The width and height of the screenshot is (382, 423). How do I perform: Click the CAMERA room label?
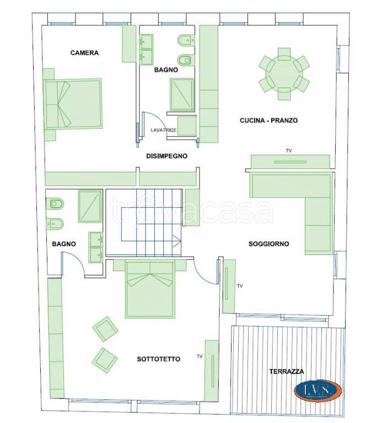[84, 53]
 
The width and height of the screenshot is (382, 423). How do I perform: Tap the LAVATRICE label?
[164, 130]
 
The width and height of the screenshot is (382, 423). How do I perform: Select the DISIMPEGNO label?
[166, 156]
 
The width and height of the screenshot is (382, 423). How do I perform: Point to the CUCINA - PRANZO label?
[268, 120]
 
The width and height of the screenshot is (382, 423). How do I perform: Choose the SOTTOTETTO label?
[158, 359]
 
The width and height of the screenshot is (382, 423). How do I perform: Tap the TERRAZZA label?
[287, 371]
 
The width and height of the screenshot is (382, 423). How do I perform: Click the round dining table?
[284, 74]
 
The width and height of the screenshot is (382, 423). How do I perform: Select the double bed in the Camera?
[73, 104]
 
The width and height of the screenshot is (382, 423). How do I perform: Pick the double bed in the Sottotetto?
[150, 289]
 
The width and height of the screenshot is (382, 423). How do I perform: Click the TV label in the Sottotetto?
[200, 356]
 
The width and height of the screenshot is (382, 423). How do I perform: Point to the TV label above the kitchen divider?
[289, 151]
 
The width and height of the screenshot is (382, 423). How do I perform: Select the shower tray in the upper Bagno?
[182, 95]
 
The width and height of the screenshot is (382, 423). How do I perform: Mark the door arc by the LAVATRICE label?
[153, 119]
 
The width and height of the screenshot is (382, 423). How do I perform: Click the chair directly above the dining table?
[284, 54]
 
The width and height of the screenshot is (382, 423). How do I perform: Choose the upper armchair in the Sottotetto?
[105, 329]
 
